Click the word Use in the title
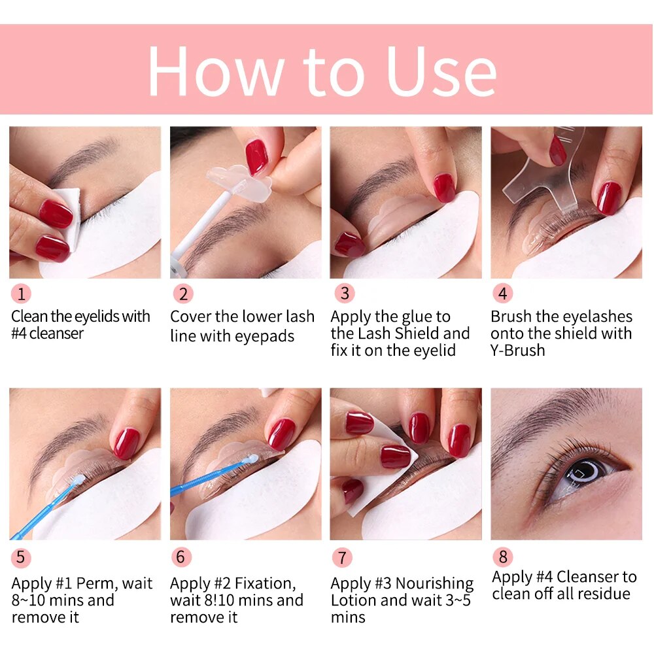441,71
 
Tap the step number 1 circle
21,294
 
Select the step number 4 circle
502,294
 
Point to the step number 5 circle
21,557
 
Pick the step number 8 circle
502,557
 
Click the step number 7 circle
341,557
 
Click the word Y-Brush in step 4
517,351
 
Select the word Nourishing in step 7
434,583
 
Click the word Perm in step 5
97,583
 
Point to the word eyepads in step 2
264,336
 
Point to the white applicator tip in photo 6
247,460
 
